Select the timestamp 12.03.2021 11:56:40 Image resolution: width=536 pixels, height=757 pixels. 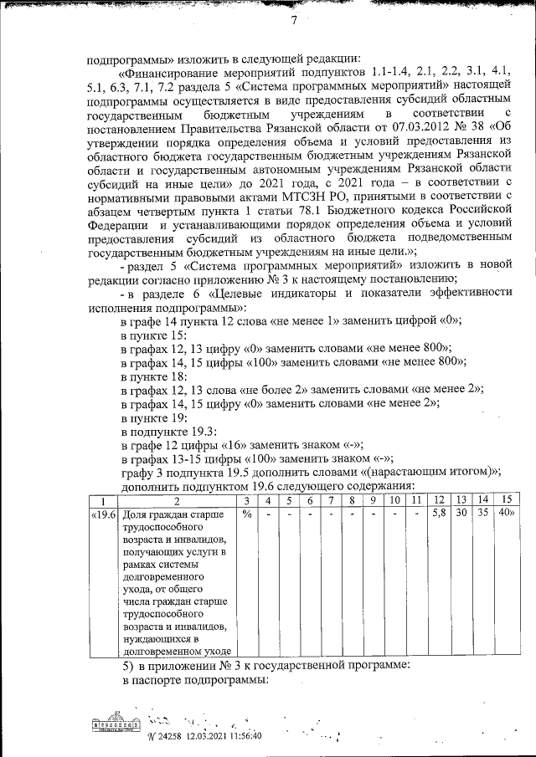(215, 735)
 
